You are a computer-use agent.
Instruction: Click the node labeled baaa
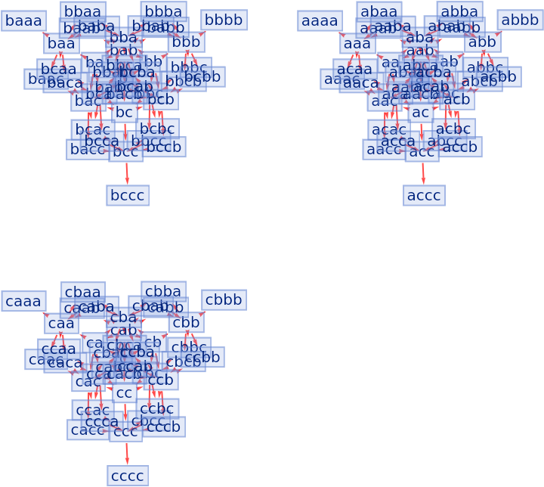point(23,20)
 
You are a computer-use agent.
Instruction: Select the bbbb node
point(224,20)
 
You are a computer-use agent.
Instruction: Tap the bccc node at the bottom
point(128,195)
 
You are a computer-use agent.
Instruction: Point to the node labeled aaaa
point(320,20)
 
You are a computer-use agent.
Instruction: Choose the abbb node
point(520,20)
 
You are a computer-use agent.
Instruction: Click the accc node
point(424,195)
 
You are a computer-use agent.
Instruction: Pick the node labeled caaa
point(23,301)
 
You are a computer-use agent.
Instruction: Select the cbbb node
point(224,300)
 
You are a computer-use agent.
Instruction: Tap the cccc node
point(128,476)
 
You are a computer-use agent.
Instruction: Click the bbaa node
point(82,11)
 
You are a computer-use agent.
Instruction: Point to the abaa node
point(379,11)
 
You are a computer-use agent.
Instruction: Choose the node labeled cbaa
point(82,291)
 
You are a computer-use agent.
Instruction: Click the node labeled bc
point(124,113)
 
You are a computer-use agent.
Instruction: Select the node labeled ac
point(420,113)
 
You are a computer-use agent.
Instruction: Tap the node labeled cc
point(124,393)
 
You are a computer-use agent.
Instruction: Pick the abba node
point(459,11)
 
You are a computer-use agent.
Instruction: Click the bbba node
point(163,11)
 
